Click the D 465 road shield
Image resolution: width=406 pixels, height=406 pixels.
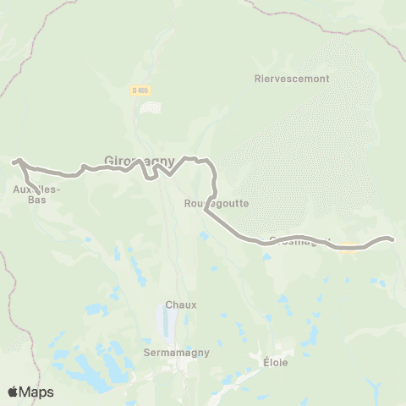[x=141, y=91]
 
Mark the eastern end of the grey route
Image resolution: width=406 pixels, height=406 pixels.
[x=393, y=239]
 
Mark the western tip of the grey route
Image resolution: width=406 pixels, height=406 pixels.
[x=13, y=161]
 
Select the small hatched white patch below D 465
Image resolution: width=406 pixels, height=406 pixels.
[x=151, y=108]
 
